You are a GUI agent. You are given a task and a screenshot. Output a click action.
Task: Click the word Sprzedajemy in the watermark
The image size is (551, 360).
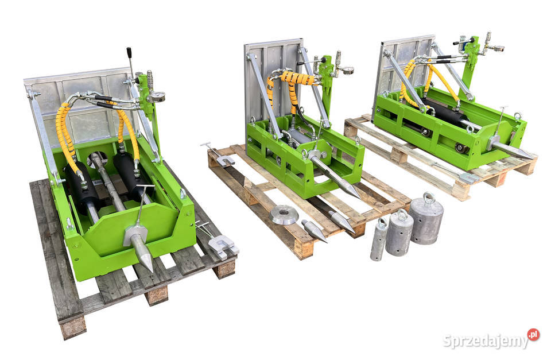point(486,340)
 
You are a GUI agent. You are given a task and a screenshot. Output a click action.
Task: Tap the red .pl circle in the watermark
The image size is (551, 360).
point(533,334)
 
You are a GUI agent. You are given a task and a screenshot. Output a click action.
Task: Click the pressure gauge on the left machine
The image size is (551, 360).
point(159,96)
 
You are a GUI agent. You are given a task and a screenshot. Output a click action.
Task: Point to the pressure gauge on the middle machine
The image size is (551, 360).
point(348,70)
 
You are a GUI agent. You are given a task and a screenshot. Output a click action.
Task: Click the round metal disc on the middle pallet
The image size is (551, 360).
point(284,215)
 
